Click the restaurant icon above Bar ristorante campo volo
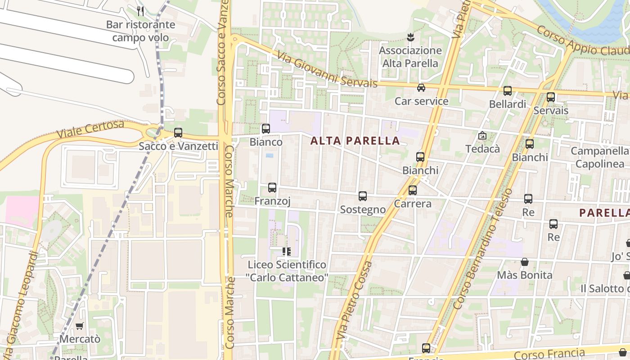click(140, 11)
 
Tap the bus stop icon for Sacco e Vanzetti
click(178, 133)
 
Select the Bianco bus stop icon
click(266, 129)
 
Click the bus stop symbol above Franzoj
click(272, 188)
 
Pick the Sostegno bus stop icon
click(363, 196)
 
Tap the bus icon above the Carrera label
click(413, 190)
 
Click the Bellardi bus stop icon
click(508, 91)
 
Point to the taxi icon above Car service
click(421, 88)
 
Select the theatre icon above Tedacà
click(482, 135)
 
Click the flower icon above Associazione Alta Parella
click(410, 37)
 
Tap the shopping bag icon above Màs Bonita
click(524, 262)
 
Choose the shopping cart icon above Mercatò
click(80, 326)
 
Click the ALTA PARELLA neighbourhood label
click(355, 141)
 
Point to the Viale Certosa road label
click(90, 130)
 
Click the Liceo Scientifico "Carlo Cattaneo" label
click(287, 271)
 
